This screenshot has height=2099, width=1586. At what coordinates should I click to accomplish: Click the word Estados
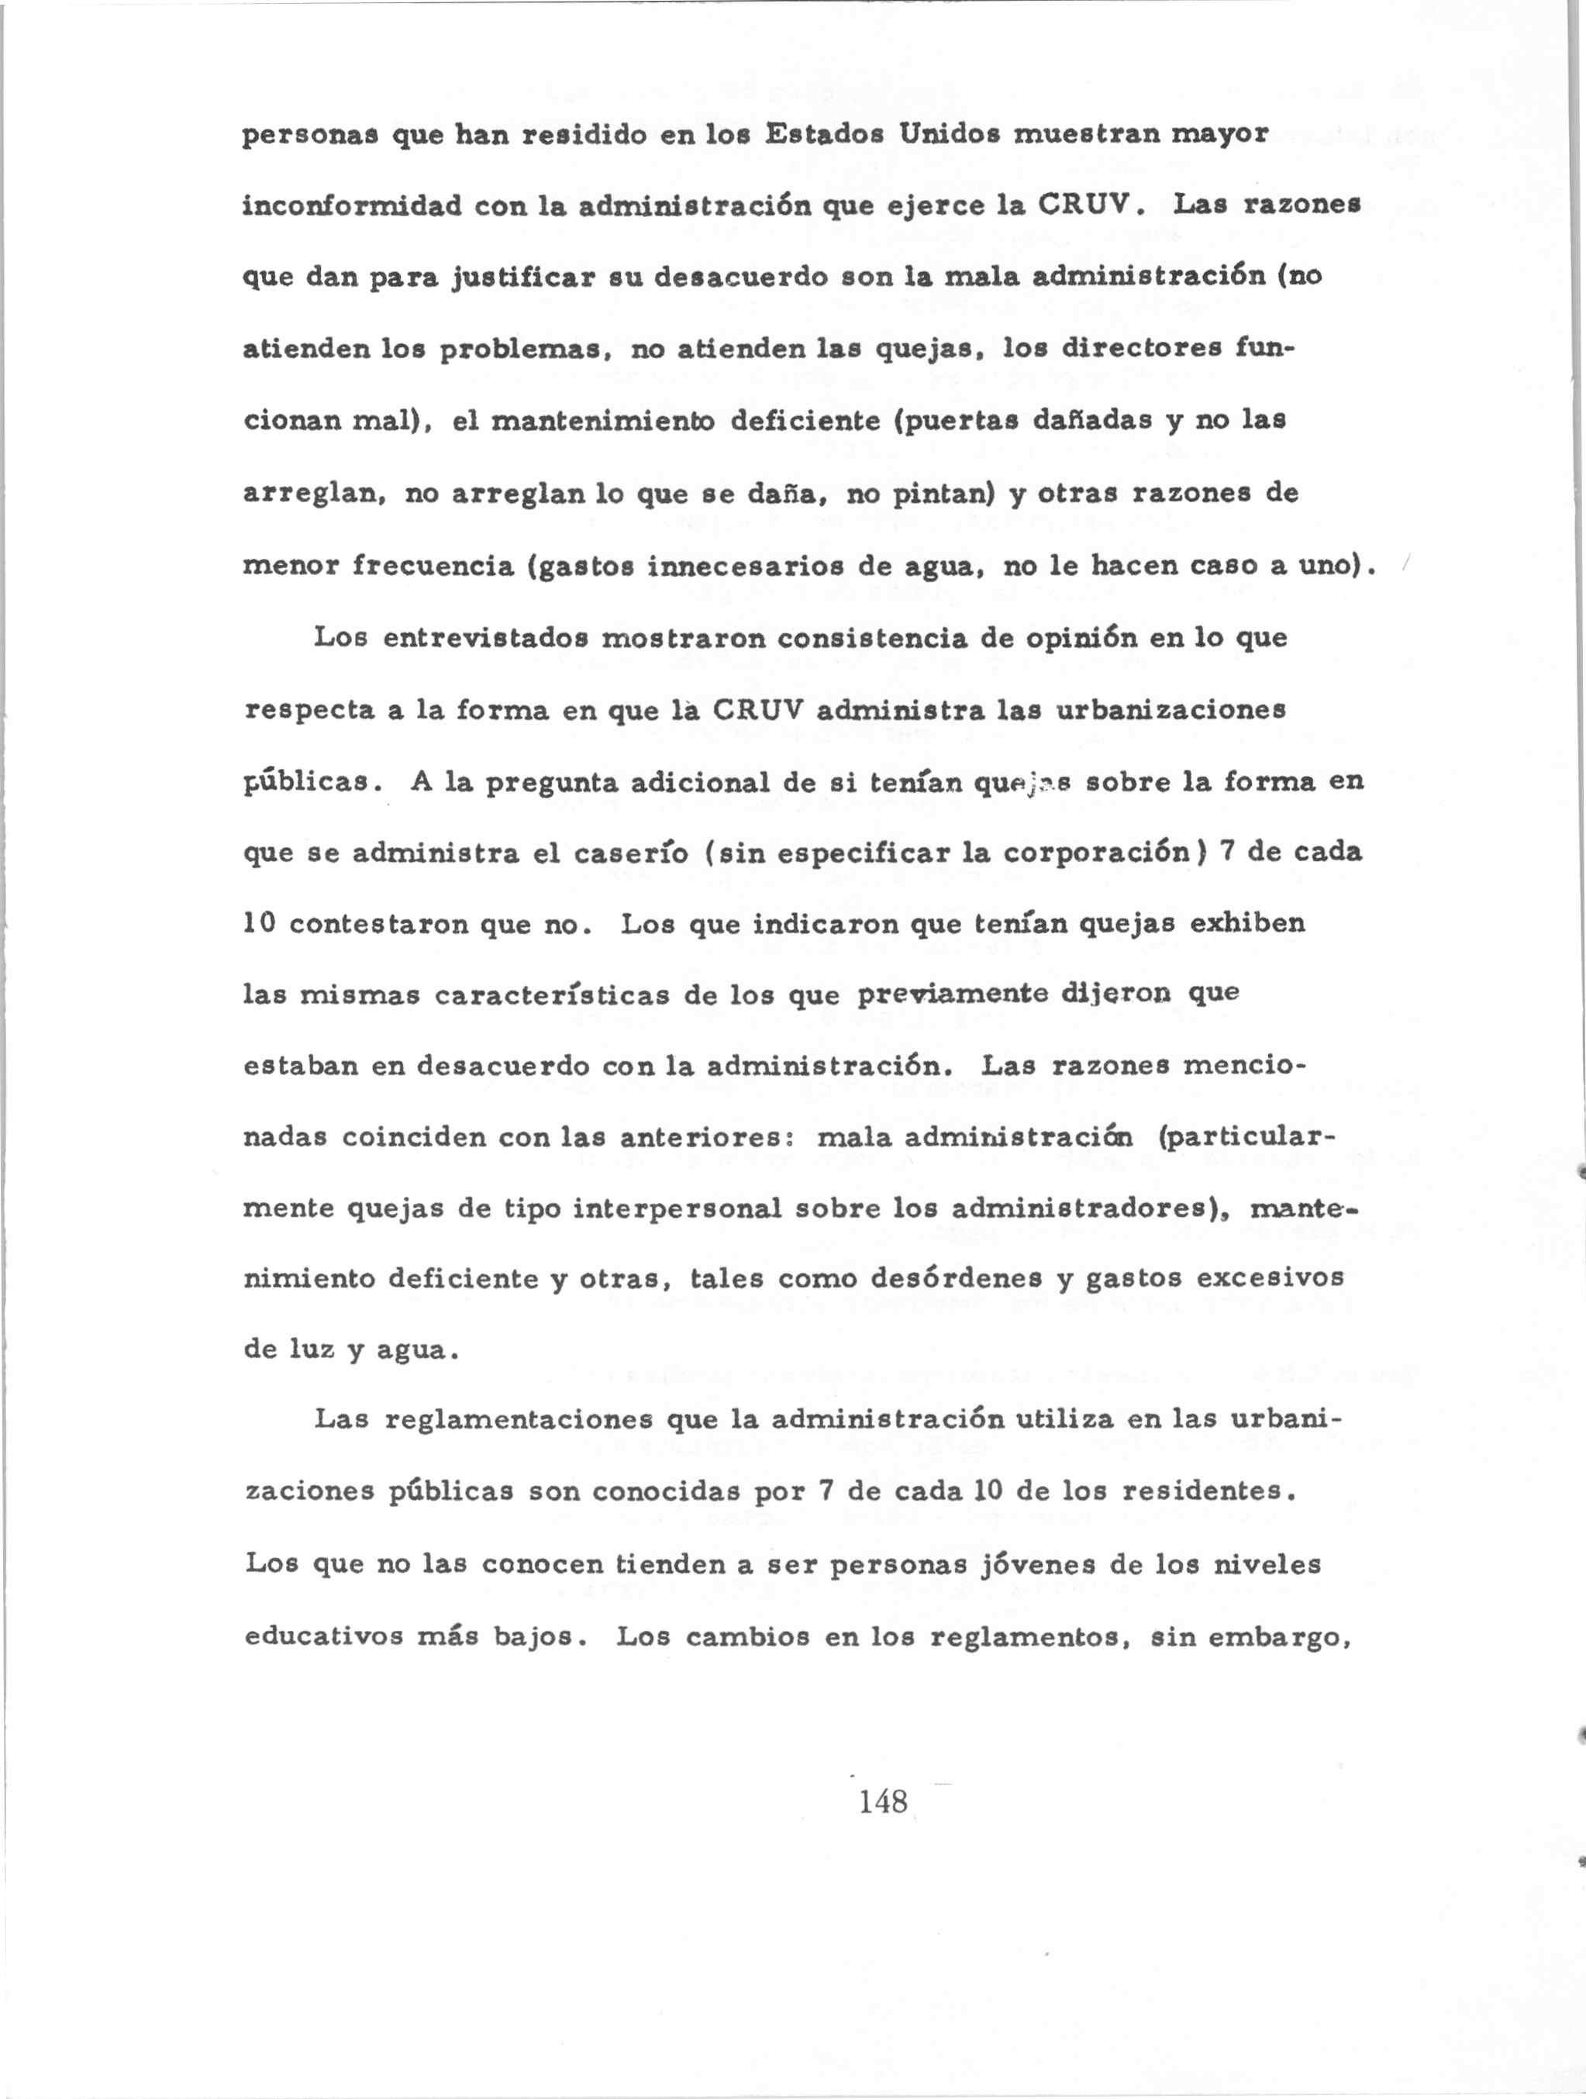coord(823,135)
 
